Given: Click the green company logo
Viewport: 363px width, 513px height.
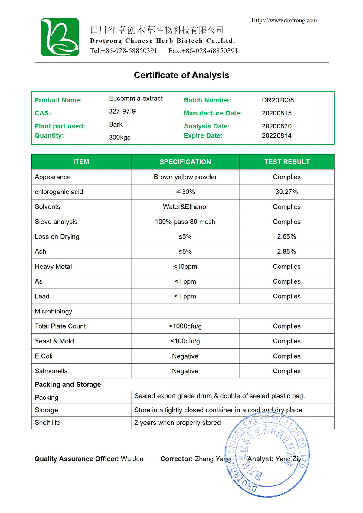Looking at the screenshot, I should [x=60, y=37].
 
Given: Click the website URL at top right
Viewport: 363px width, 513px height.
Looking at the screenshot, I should [x=284, y=21].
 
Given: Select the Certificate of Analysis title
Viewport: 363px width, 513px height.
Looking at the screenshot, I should [x=181, y=75].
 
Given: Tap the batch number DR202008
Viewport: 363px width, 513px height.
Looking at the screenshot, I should [x=278, y=100].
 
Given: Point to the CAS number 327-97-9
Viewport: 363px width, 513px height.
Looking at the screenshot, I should [x=122, y=112].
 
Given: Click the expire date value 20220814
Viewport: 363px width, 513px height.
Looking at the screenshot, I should [x=276, y=135].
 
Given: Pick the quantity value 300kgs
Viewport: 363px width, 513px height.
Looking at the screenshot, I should [x=120, y=138].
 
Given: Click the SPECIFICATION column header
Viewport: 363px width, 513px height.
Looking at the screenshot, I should [x=185, y=162].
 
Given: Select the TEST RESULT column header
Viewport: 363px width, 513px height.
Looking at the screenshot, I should [x=287, y=162].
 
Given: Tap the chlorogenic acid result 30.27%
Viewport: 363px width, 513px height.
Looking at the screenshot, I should [x=286, y=192].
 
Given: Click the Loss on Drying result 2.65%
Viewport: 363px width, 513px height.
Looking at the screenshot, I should [x=286, y=237].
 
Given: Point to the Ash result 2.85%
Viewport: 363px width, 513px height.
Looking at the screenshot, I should [x=286, y=252].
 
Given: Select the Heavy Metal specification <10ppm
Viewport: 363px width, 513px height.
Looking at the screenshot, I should [x=185, y=267].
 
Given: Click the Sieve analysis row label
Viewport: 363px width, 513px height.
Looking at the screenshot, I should [x=56, y=222].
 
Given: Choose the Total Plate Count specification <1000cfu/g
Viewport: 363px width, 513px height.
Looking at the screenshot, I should [x=185, y=326].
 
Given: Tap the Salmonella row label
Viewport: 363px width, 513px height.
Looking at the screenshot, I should [x=51, y=371].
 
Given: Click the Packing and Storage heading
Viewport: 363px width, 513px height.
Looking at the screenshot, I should [x=68, y=385].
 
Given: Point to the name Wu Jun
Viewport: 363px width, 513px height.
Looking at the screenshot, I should [x=132, y=459].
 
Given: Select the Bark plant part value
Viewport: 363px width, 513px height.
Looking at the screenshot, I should [x=116, y=125].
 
